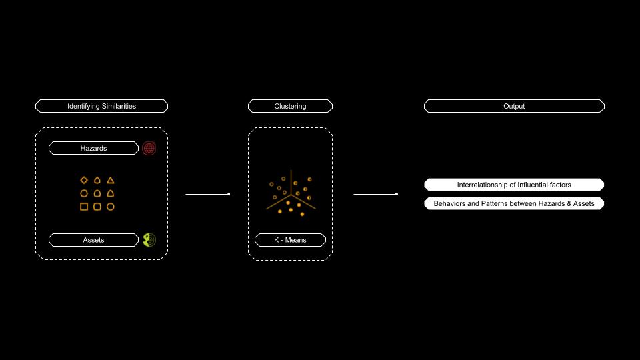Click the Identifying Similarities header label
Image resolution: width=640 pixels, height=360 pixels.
tap(101, 106)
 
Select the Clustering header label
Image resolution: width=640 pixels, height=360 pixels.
tap(290, 106)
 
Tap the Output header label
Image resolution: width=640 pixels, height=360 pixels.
tap(514, 106)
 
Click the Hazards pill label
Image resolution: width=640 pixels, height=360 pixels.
tap(93, 148)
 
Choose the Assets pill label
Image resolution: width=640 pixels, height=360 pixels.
tap(93, 240)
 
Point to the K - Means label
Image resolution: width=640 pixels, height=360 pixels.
tap(290, 240)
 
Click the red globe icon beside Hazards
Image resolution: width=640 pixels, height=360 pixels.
tap(149, 148)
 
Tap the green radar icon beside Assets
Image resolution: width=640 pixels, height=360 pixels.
tap(149, 240)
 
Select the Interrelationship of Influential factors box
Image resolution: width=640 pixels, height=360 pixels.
tap(514, 185)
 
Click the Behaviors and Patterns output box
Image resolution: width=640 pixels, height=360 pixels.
tap(514, 203)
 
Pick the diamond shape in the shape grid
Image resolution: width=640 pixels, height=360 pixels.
tap(84, 180)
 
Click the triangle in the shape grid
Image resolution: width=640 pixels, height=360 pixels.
tap(110, 180)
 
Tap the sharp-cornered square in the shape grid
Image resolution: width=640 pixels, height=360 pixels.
tap(84, 207)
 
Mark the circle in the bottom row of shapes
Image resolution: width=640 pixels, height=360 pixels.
tap(110, 207)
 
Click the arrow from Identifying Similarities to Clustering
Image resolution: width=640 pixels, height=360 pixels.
tap(208, 194)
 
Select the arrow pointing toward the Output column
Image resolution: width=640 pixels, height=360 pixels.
tap(375, 194)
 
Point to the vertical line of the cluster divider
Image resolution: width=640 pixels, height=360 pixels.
tap(291, 183)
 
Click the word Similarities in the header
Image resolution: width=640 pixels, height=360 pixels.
tap(115, 106)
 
